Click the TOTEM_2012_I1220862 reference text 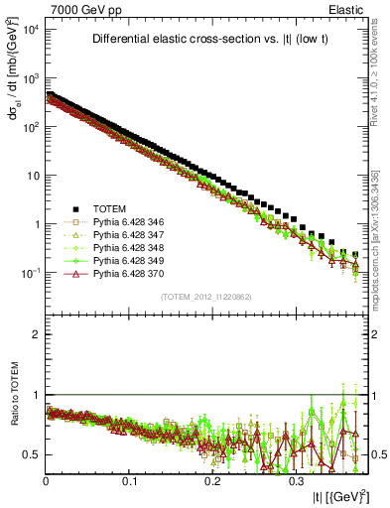point(205,297)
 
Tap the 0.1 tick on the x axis point(129,479)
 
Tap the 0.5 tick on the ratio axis point(30,454)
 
